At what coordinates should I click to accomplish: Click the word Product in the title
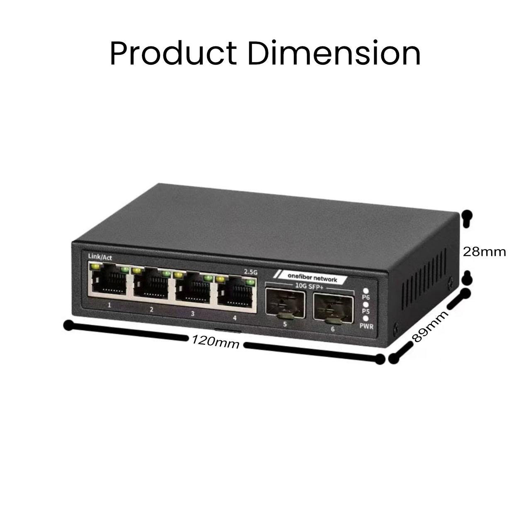coord(173,54)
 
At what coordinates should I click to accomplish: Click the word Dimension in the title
coord(334,54)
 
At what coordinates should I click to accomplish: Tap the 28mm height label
coord(484,251)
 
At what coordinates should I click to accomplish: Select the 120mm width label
coord(215,342)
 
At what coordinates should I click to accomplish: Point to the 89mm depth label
coord(431,326)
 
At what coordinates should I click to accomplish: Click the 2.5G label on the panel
coord(251,272)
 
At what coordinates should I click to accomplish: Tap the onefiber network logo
coord(312,279)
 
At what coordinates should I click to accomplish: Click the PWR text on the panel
coord(366,326)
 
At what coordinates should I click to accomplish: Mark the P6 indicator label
coord(365,297)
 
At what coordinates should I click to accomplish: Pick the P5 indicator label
coord(365,311)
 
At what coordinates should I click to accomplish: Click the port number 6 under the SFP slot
coord(333,329)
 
